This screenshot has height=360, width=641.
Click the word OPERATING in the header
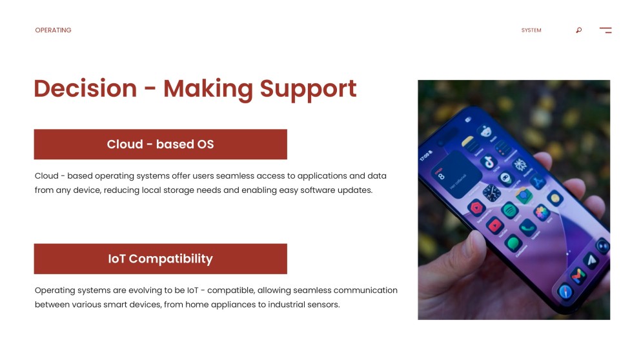tap(53, 30)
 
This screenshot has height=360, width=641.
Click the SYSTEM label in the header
tap(531, 30)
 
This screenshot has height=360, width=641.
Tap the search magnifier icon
tap(579, 30)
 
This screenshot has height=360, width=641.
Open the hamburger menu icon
tap(605, 30)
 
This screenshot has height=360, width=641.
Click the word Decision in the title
tap(85, 88)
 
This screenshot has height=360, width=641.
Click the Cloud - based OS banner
tap(160, 145)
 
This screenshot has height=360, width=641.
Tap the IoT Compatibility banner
tap(160, 259)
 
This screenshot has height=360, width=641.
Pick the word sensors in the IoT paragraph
tap(324, 305)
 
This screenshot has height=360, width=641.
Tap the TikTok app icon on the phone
tap(489, 162)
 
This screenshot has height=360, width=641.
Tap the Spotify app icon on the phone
tap(509, 211)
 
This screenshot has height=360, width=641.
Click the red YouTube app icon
tap(494, 225)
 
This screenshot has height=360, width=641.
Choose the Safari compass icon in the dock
tap(565, 292)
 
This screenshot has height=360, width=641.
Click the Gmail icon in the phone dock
tap(578, 276)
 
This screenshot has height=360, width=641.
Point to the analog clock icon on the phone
tap(491, 193)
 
